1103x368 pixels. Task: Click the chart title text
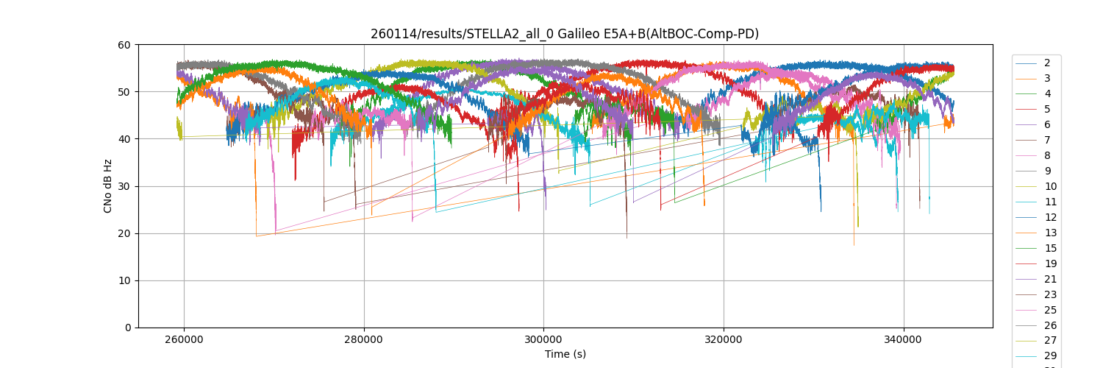pos(565,34)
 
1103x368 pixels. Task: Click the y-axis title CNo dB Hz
pos(107,186)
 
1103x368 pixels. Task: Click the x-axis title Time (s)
pos(565,354)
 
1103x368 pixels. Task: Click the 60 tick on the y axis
pos(125,45)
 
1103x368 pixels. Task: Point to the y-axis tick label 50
pos(125,92)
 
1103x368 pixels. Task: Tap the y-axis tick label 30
pos(125,186)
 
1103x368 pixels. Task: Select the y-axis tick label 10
pos(125,280)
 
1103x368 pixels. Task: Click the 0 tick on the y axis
pos(128,328)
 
